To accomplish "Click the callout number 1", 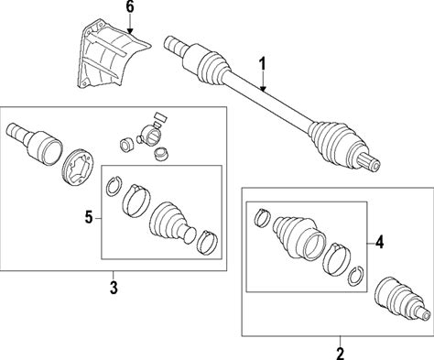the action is click(x=263, y=66).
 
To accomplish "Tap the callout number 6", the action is click(x=130, y=7).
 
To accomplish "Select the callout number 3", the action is click(x=114, y=288).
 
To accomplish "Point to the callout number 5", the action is click(x=89, y=218).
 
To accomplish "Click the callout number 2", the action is click(x=340, y=354).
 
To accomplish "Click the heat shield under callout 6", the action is click(x=112, y=54).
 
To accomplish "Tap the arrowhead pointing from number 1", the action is click(x=263, y=88).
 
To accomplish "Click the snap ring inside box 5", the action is click(x=114, y=186).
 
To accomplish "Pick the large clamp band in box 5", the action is click(x=136, y=201).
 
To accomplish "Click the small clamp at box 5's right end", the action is click(x=207, y=242).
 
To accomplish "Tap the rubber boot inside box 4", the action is click(x=300, y=238).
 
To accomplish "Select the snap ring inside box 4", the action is click(x=355, y=277).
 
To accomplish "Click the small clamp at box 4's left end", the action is click(x=262, y=218).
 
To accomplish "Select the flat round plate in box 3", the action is click(x=78, y=168).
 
